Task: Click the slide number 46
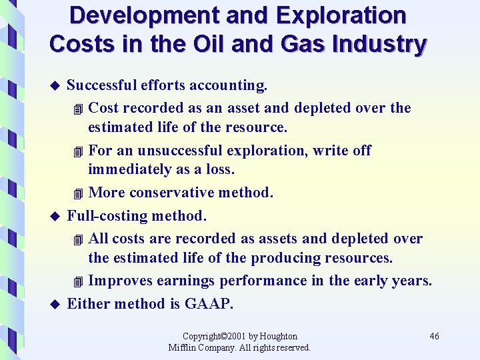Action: tap(434, 336)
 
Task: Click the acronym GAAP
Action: tap(209, 304)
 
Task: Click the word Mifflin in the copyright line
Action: tap(183, 347)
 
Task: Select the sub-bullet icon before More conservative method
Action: tap(79, 194)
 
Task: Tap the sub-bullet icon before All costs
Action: tap(79, 239)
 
